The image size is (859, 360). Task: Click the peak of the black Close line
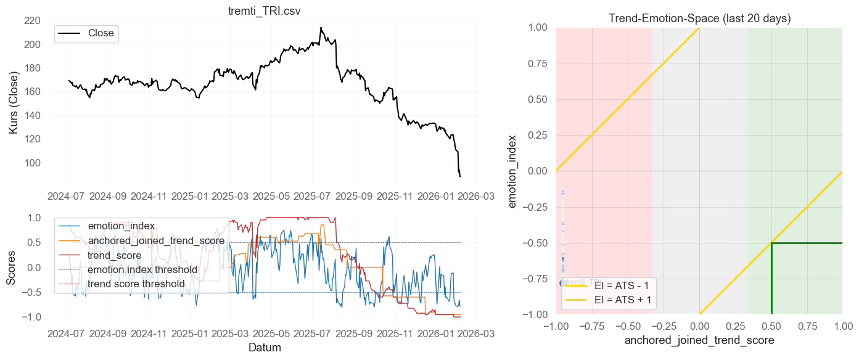pyautogui.click(x=321, y=28)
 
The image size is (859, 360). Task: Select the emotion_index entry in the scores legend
pyautogui.click(x=121, y=226)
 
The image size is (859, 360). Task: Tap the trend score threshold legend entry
pyautogui.click(x=136, y=284)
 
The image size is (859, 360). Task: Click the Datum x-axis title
pyautogui.click(x=265, y=348)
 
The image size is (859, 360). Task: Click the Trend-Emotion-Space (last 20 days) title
pyautogui.click(x=699, y=18)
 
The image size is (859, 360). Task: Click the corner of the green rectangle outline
pyautogui.click(x=771, y=243)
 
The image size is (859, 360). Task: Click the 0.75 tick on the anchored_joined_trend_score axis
pyautogui.click(x=807, y=325)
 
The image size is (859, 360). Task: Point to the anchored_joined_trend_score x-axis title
pyautogui.click(x=699, y=340)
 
